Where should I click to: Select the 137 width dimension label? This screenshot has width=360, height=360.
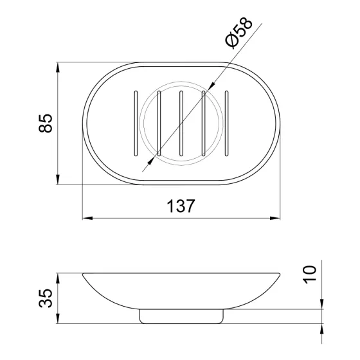[181, 205]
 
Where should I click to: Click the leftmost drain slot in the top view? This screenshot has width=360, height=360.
[136, 123]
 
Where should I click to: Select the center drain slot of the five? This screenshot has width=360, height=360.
[181, 123]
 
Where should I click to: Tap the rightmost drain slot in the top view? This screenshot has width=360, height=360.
[226, 123]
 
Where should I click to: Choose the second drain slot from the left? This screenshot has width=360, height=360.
[158, 123]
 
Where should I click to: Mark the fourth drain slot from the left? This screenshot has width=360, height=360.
[204, 123]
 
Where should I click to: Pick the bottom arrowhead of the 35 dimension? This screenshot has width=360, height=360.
[59, 318]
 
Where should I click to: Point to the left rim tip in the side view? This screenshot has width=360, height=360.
[84, 276]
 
